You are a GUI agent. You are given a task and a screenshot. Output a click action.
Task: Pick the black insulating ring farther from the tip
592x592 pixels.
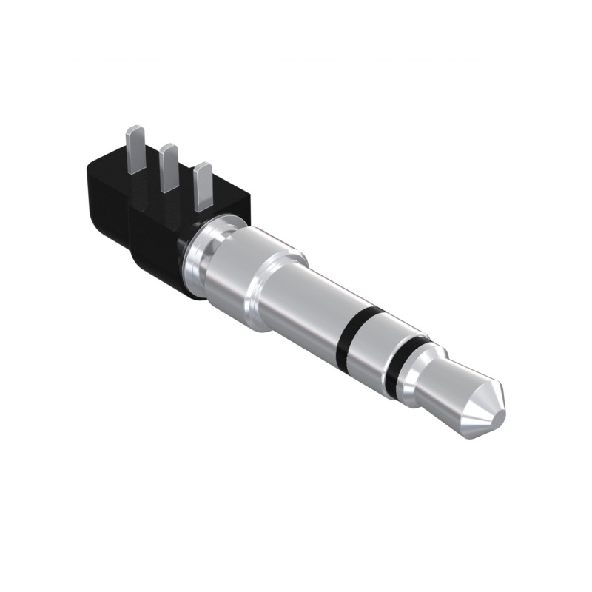coord(355,329)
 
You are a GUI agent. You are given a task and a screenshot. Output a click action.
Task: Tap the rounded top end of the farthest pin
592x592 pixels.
coord(135,130)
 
